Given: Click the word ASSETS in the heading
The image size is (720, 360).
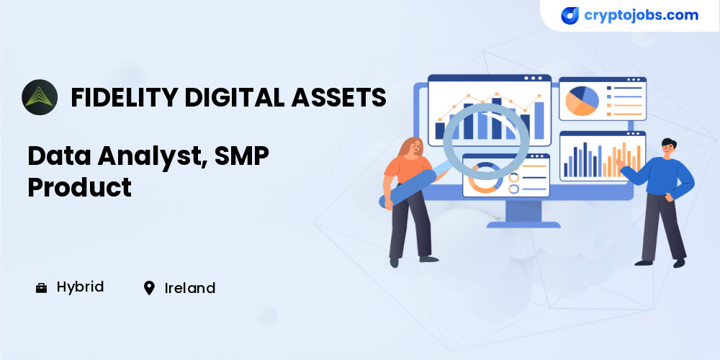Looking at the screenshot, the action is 338,97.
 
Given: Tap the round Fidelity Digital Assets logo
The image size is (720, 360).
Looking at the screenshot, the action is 40,97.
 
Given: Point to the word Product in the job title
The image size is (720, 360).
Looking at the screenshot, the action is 79,186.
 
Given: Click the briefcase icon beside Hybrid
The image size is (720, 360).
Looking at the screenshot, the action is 41,289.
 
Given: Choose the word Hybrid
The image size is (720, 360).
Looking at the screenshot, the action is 81,288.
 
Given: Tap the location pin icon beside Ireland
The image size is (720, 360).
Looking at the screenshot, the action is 149,289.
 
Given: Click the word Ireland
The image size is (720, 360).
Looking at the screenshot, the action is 189,289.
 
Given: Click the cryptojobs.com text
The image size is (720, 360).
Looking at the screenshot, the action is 641,15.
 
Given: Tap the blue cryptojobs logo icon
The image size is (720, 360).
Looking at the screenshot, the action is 570,16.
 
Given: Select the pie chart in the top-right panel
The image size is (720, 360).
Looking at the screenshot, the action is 582,101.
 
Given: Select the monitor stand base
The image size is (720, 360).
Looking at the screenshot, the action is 523,225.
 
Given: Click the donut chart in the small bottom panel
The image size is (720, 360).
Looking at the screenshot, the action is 485,177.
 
